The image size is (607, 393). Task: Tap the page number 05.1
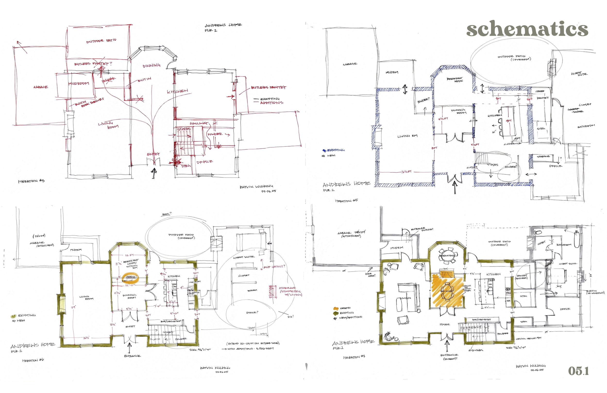pos(578,371)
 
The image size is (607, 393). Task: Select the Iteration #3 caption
pos(31,181)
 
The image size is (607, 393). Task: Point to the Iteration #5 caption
pos(346,201)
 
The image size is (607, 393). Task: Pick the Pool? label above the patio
pos(167,214)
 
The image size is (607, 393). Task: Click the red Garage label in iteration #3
pos(41,87)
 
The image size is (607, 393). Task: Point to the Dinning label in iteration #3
pos(152,66)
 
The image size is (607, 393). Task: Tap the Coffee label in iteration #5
pos(540,91)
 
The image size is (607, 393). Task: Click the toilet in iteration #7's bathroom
pos(537,233)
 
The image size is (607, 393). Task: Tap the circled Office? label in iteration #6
pos(252,312)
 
